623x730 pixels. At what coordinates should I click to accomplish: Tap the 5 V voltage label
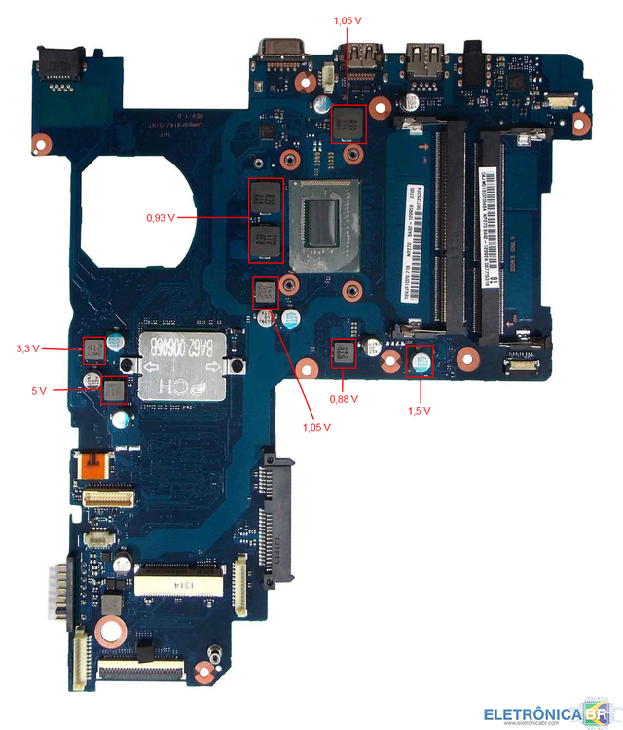click(39, 390)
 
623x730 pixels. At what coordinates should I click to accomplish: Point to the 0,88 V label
click(344, 398)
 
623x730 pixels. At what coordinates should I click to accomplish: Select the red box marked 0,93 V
click(266, 221)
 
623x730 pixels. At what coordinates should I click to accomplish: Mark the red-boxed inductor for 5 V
click(115, 390)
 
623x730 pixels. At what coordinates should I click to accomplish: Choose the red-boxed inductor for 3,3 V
click(93, 348)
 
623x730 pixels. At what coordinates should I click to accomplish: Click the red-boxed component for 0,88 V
click(344, 353)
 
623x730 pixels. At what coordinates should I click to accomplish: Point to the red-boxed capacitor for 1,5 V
click(421, 360)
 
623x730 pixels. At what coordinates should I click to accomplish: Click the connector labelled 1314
click(184, 585)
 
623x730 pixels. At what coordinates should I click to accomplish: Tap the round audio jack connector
click(475, 50)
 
